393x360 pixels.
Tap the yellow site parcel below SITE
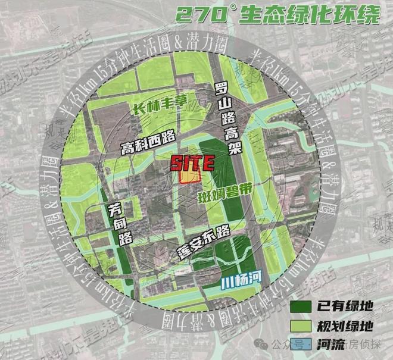pyautogui.click(x=190, y=177)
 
